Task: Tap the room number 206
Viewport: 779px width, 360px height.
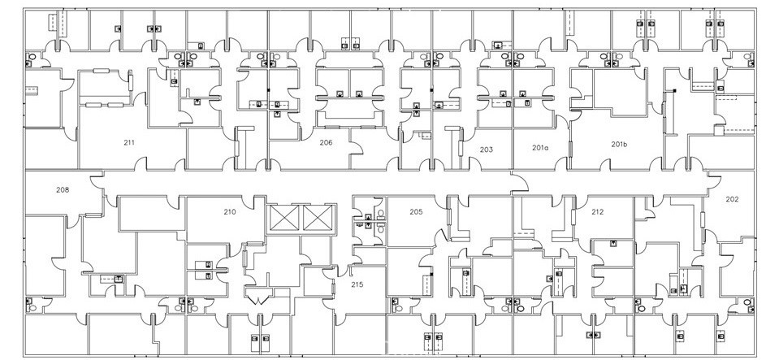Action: [326, 142]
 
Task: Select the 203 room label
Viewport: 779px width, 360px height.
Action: [487, 149]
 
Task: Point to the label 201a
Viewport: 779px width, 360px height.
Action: [541, 147]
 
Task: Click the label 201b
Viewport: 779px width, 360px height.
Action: [620, 144]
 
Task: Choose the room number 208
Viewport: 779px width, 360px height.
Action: [62, 190]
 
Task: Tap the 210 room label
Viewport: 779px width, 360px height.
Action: [230, 211]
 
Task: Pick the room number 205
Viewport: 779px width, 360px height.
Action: [416, 211]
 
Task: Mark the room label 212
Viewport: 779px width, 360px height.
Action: [598, 211]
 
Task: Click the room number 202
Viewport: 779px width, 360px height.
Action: [732, 198]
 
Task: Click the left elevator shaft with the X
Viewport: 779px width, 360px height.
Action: [285, 217]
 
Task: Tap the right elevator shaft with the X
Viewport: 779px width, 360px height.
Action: [316, 217]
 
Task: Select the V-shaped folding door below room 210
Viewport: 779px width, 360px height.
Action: [258, 298]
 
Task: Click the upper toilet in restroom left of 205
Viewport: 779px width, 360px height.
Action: [369, 217]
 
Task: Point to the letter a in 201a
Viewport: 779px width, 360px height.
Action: [547, 148]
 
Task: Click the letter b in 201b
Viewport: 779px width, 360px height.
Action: [626, 144]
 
